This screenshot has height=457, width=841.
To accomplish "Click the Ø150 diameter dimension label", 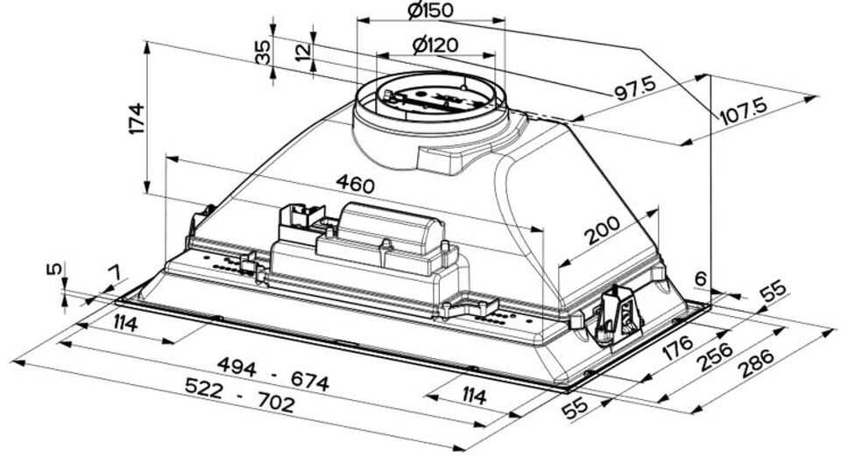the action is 430,11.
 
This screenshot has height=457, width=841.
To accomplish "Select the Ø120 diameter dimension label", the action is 435,45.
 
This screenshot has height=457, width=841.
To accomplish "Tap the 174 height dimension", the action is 138,118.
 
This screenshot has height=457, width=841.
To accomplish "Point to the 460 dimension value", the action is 355,184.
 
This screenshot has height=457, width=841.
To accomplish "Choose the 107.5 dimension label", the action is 744,111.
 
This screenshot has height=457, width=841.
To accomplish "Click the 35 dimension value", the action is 263,53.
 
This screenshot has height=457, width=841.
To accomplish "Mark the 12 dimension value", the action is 302,51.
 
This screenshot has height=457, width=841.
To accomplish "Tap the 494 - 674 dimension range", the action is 273,374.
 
